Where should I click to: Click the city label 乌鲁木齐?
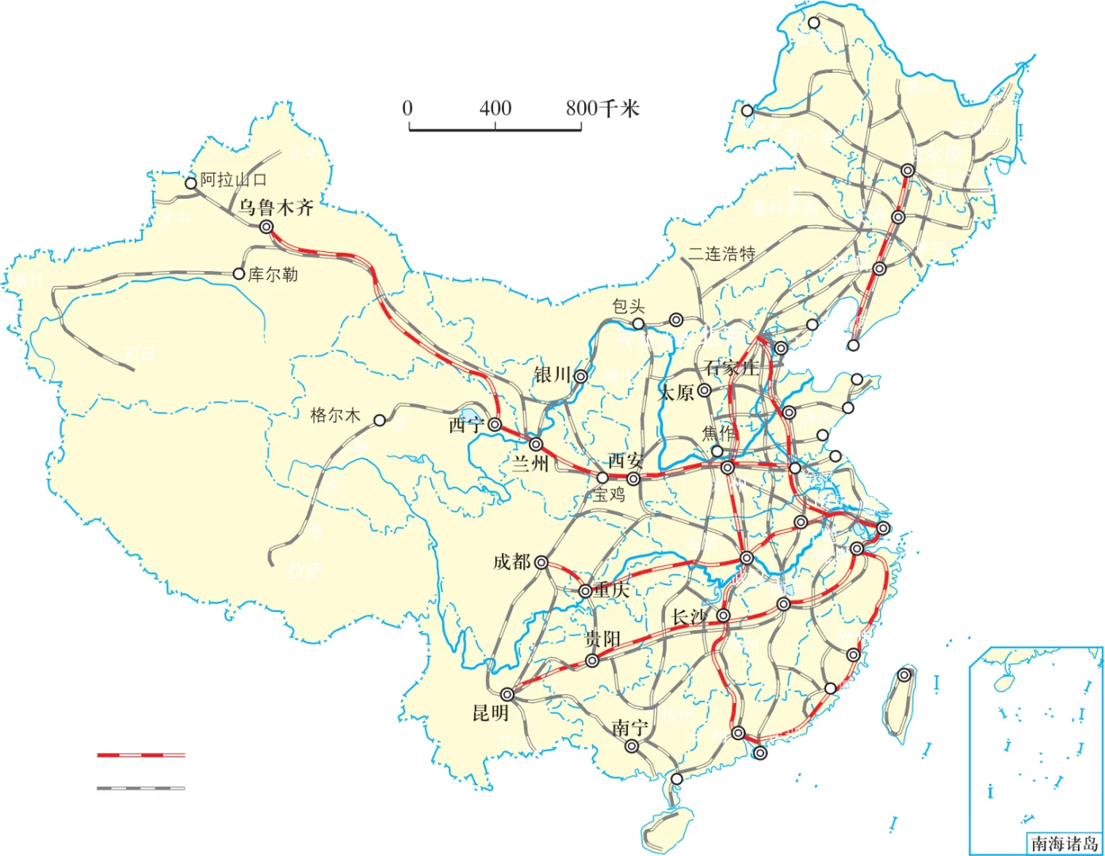[276, 208]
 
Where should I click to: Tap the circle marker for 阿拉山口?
[190, 184]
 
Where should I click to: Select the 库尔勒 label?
[273, 275]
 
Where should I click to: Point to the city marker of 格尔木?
[380, 420]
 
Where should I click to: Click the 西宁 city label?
[466, 426]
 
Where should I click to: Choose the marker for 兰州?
[537, 445]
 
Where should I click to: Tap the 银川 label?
[552, 375]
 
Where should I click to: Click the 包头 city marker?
[638, 323]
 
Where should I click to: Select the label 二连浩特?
[721, 254]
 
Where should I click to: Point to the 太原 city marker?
[704, 391]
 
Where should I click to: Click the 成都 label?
[511, 562]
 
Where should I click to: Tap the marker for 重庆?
[585, 591]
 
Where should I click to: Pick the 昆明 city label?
[490, 713]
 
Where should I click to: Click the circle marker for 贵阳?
[592, 661]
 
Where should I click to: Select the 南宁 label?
[630, 728]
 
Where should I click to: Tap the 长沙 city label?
[688, 617]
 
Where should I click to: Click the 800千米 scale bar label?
[602, 109]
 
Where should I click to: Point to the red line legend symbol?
[140, 755]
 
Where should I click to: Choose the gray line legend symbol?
[140, 788]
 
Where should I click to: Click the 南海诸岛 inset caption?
[1064, 843]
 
